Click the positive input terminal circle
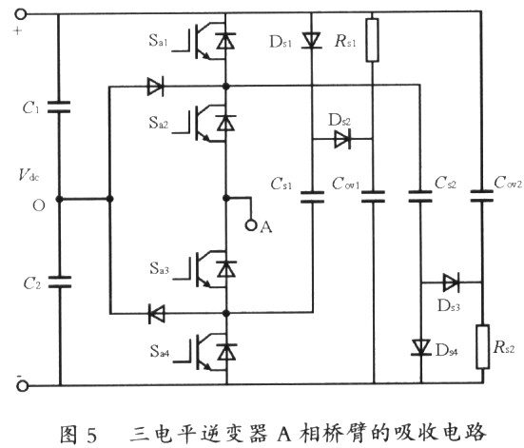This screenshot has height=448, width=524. click(21, 14)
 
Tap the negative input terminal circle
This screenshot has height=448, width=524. click(23, 386)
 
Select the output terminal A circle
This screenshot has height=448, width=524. click(251, 225)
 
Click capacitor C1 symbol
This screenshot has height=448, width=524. click(59, 107)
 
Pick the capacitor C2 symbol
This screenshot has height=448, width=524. click(60, 282)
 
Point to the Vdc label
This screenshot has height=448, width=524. click(29, 175)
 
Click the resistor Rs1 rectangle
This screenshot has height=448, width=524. click(372, 40)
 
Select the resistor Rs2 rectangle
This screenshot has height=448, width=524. click(482, 346)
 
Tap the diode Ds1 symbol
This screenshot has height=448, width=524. click(312, 40)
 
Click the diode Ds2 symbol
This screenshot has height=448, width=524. click(342, 139)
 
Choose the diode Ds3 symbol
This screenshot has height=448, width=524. click(451, 282)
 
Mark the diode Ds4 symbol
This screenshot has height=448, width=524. click(420, 347)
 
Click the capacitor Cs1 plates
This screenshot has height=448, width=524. click(313, 197)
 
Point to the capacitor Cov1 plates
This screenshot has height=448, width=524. click(374, 197)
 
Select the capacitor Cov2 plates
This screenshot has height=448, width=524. click(481, 196)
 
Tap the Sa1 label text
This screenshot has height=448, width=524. click(158, 41)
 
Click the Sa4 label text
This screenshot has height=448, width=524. click(160, 351)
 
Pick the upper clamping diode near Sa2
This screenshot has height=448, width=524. click(155, 87)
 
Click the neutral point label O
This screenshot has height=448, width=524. click(39, 205)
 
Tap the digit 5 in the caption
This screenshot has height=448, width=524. click(91, 435)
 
